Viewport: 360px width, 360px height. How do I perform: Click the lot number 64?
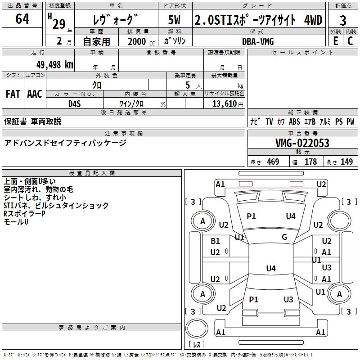(22, 20)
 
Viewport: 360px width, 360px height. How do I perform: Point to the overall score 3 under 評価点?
(343, 21)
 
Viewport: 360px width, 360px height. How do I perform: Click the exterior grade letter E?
(335, 41)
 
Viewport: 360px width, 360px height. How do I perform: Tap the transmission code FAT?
(13, 94)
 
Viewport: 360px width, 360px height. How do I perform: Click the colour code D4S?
(75, 103)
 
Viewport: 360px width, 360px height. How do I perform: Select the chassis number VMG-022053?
(302, 143)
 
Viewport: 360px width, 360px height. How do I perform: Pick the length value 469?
(273, 162)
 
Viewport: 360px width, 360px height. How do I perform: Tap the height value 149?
(346, 162)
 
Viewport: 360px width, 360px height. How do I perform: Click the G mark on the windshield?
(284, 237)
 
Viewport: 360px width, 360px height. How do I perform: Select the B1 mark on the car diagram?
(215, 241)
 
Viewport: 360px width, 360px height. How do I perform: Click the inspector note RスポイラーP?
(25, 214)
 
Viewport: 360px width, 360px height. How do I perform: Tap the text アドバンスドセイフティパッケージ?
(65, 143)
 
